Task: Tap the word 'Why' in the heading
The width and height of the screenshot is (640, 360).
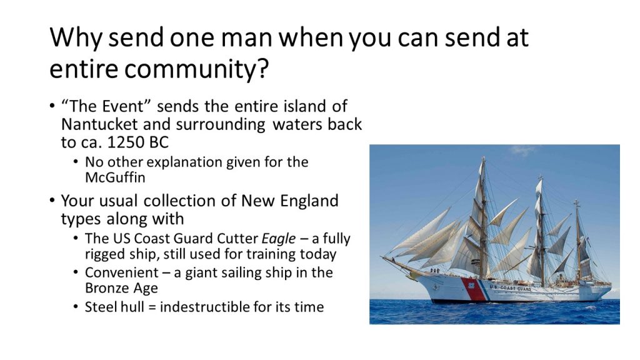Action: pyautogui.click(x=76, y=37)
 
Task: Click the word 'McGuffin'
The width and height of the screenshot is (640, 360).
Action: pyautogui.click(x=115, y=177)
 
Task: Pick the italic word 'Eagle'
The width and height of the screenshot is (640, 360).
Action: pyautogui.click(x=279, y=239)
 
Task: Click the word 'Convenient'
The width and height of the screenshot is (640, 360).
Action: pyautogui.click(x=122, y=272)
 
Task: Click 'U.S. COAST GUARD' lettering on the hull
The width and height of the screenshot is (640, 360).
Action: pyautogui.click(x=510, y=288)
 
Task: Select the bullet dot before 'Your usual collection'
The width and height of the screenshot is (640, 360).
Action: pyautogui.click(x=52, y=201)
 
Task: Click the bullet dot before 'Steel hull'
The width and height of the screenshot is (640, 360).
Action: pyautogui.click(x=76, y=306)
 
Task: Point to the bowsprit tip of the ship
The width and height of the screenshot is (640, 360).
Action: pyautogui.click(x=381, y=256)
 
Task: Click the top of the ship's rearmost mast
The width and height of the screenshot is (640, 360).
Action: pyautogui.click(x=576, y=201)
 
